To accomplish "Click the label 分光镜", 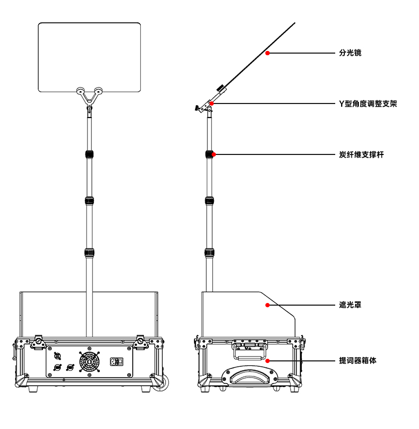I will pos(350,53).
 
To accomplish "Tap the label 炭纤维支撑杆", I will pos(362,154).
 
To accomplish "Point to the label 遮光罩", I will pos(350,305).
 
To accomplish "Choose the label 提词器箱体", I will pos(358,360).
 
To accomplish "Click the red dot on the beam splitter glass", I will pos(267,53).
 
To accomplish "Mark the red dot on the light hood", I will pos(267,305).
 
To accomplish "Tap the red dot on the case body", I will pos(267,360).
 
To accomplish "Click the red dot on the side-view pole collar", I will pos(214,154).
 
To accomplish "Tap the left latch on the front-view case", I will pos(38,342).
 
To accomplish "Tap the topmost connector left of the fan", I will pos(57,356).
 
